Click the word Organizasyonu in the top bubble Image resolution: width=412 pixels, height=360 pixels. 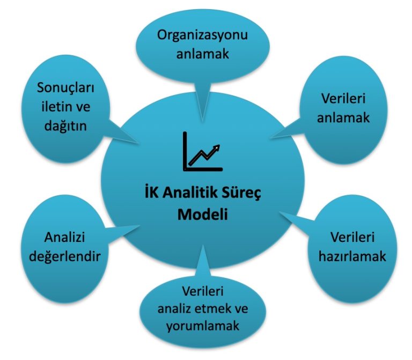pos(202,36)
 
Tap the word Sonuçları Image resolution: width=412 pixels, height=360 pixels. pos(65,87)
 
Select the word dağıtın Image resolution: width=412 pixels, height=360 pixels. pos(65,126)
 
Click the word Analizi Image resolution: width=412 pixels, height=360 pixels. pos(64,237)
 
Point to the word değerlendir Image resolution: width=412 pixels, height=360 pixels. pos(64,256)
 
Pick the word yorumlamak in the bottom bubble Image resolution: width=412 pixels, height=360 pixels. pos(203,326)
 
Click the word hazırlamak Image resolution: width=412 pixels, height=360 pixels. pos(352,256)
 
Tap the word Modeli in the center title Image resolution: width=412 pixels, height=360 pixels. pos(202,215)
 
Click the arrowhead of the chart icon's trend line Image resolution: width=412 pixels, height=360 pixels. pos(217,148)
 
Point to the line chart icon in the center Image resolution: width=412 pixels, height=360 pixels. pos(203,151)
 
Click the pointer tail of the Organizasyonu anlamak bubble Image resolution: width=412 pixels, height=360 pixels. pos(202,102)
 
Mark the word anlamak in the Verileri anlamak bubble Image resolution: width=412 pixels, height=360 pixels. pos(343,117)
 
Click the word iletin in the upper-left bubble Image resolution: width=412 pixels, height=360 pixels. pos(56,107)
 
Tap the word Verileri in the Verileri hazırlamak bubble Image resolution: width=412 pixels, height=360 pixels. pos(352,237)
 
